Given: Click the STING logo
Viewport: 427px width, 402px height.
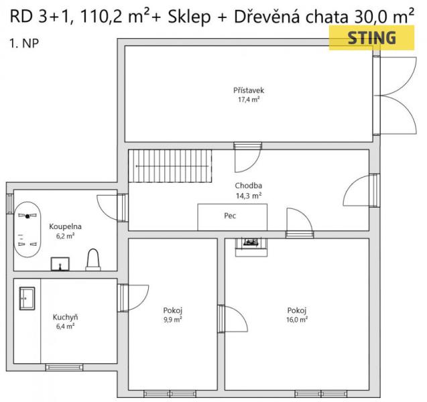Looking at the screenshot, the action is click(x=371, y=38).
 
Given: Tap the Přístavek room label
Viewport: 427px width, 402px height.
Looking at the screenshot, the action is click(x=249, y=90).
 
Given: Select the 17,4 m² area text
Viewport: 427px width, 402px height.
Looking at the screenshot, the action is click(x=249, y=100).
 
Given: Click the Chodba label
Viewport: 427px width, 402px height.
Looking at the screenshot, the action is click(x=248, y=186).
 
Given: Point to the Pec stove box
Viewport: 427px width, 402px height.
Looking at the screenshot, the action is click(x=233, y=217).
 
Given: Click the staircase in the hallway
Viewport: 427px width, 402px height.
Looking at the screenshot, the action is click(x=170, y=165).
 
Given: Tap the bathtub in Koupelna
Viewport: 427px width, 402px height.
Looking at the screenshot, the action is click(x=27, y=229).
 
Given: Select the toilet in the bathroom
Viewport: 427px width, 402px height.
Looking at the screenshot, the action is click(x=93, y=260).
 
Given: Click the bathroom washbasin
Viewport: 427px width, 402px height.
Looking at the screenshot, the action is click(x=60, y=264).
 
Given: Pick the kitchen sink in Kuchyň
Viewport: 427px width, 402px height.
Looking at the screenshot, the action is click(x=27, y=298).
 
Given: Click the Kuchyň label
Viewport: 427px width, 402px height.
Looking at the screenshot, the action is click(x=66, y=317).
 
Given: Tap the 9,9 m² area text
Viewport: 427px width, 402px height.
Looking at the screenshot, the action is click(x=173, y=320).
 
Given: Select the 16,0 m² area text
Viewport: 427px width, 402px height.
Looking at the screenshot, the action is click(x=297, y=320).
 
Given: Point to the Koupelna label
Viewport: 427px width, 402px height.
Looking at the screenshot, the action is click(x=66, y=226).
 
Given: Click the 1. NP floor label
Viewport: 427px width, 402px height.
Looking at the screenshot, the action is click(x=24, y=44).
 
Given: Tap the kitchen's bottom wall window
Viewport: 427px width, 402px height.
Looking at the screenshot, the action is click(x=64, y=367).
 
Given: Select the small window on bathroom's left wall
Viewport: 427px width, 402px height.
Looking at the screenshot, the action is click(x=10, y=204).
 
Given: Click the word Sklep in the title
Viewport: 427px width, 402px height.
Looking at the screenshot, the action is click(x=189, y=17).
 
